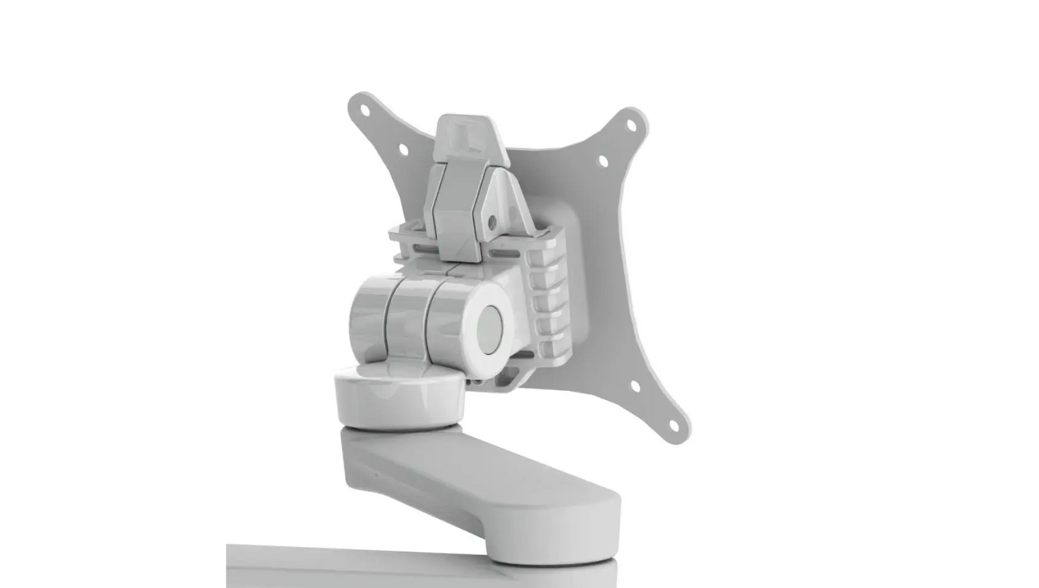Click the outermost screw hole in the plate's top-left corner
click(365, 111)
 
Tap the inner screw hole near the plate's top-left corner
click(403, 150)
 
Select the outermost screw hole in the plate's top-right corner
click(631, 125)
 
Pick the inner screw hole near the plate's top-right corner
click(603, 161)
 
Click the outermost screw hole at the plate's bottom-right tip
click(674, 425)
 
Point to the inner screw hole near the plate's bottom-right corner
click(635, 386)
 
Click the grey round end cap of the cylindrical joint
click(491, 328)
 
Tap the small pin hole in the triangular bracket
click(493, 222)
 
